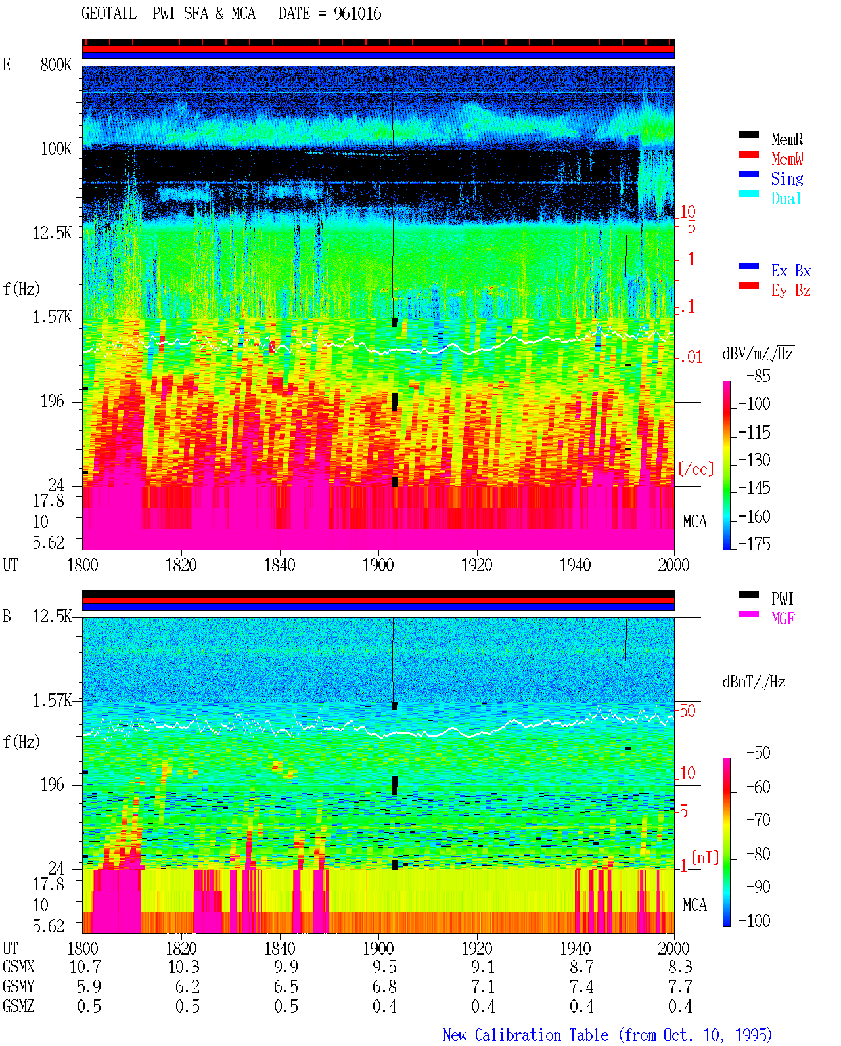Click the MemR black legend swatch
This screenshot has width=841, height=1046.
(748, 135)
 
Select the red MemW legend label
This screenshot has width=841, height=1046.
(787, 159)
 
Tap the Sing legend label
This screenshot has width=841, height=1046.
(787, 179)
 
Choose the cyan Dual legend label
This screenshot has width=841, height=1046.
(786, 198)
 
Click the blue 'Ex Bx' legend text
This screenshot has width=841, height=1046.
(791, 271)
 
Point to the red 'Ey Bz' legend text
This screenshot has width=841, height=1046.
(791, 291)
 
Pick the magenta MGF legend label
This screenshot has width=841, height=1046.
(783, 619)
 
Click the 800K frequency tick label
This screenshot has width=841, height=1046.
(56, 64)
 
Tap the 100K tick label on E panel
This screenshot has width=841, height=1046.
(56, 149)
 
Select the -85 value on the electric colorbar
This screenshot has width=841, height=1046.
(758, 376)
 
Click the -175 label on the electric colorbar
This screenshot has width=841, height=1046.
(754, 544)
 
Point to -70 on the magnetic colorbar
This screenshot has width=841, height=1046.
(758, 820)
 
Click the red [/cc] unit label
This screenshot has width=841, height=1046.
(696, 469)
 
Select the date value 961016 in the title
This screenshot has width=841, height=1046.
(357, 14)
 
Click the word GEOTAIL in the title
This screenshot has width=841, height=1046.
(109, 14)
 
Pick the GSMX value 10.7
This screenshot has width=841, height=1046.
(85, 967)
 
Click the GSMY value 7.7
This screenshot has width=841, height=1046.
(680, 987)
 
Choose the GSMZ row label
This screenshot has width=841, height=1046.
(18, 1006)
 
